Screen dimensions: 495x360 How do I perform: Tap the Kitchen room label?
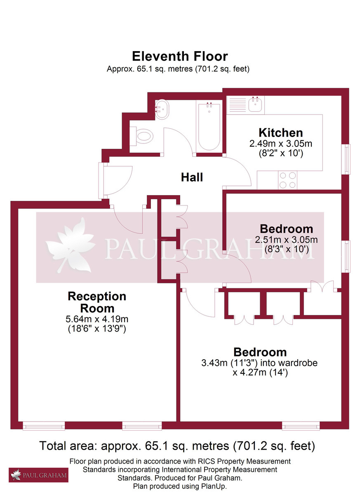pos(280,133)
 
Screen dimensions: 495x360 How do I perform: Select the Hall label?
pos(192,177)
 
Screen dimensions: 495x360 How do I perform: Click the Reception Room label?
pos(97,302)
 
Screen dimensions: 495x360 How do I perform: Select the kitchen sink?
pos(255,104)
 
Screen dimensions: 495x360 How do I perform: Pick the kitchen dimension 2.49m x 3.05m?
pos(280,144)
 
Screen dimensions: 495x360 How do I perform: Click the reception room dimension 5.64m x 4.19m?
pos(97,319)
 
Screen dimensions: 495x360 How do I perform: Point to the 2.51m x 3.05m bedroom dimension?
pos(287,240)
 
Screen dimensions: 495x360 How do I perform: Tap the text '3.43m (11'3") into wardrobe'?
pos(260,363)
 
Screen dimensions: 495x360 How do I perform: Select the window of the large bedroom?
pos(301,425)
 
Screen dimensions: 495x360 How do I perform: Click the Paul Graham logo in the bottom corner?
pos(38,475)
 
